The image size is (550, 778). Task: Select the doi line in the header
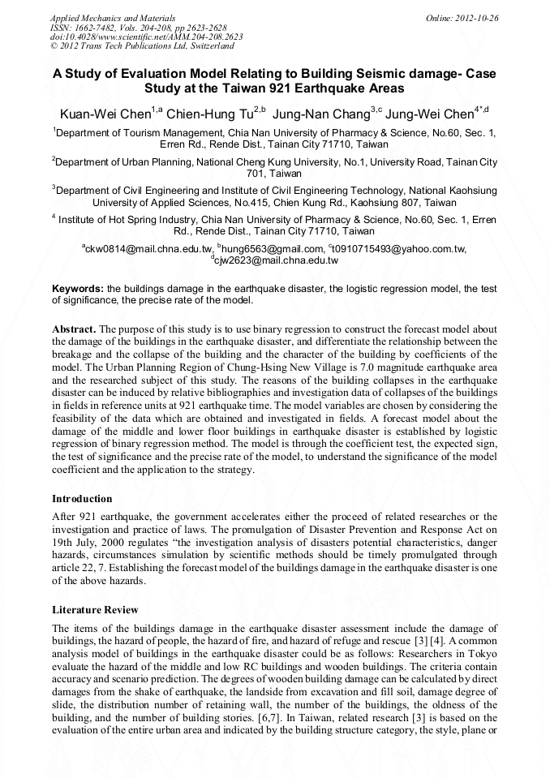[146, 37]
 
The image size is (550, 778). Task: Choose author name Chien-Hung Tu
[210, 114]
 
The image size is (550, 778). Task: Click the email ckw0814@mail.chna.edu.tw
[148, 249]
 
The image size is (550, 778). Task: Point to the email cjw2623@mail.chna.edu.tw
[276, 260]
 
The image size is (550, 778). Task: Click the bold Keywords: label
[78, 289]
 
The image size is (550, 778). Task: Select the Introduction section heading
[82, 498]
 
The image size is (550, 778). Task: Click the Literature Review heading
[95, 609]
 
